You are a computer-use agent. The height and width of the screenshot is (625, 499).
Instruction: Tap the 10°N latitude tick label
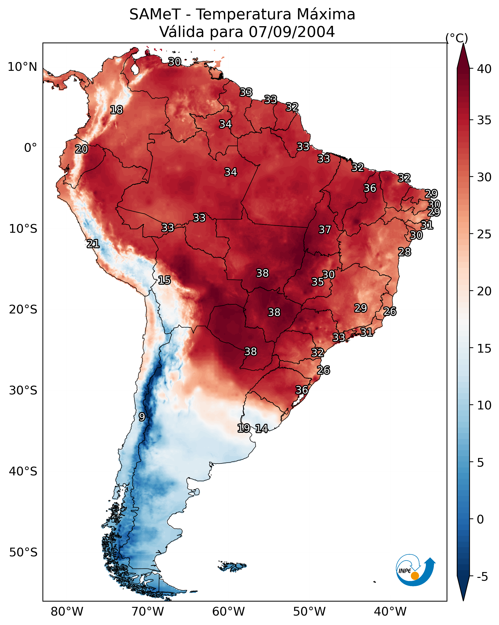(x=22, y=67)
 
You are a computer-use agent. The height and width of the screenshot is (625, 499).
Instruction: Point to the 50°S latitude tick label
(x=23, y=552)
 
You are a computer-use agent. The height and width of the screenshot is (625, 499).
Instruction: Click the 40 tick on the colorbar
(x=484, y=69)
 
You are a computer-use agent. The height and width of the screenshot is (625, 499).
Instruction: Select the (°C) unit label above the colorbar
(x=457, y=38)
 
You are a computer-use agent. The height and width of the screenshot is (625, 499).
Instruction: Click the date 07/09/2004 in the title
(x=292, y=32)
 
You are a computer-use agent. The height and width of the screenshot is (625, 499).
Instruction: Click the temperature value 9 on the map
(x=142, y=417)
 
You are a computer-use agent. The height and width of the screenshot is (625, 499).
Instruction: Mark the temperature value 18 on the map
(x=116, y=110)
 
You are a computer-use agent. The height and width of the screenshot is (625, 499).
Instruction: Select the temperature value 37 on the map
(x=325, y=230)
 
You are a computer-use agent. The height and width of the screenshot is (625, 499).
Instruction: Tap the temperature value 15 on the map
(x=164, y=280)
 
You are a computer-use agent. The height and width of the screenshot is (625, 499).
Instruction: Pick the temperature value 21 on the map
(x=93, y=244)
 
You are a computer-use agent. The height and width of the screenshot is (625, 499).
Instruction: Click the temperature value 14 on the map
(x=261, y=429)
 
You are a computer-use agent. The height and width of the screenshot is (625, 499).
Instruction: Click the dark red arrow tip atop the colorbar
(x=463, y=44)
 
